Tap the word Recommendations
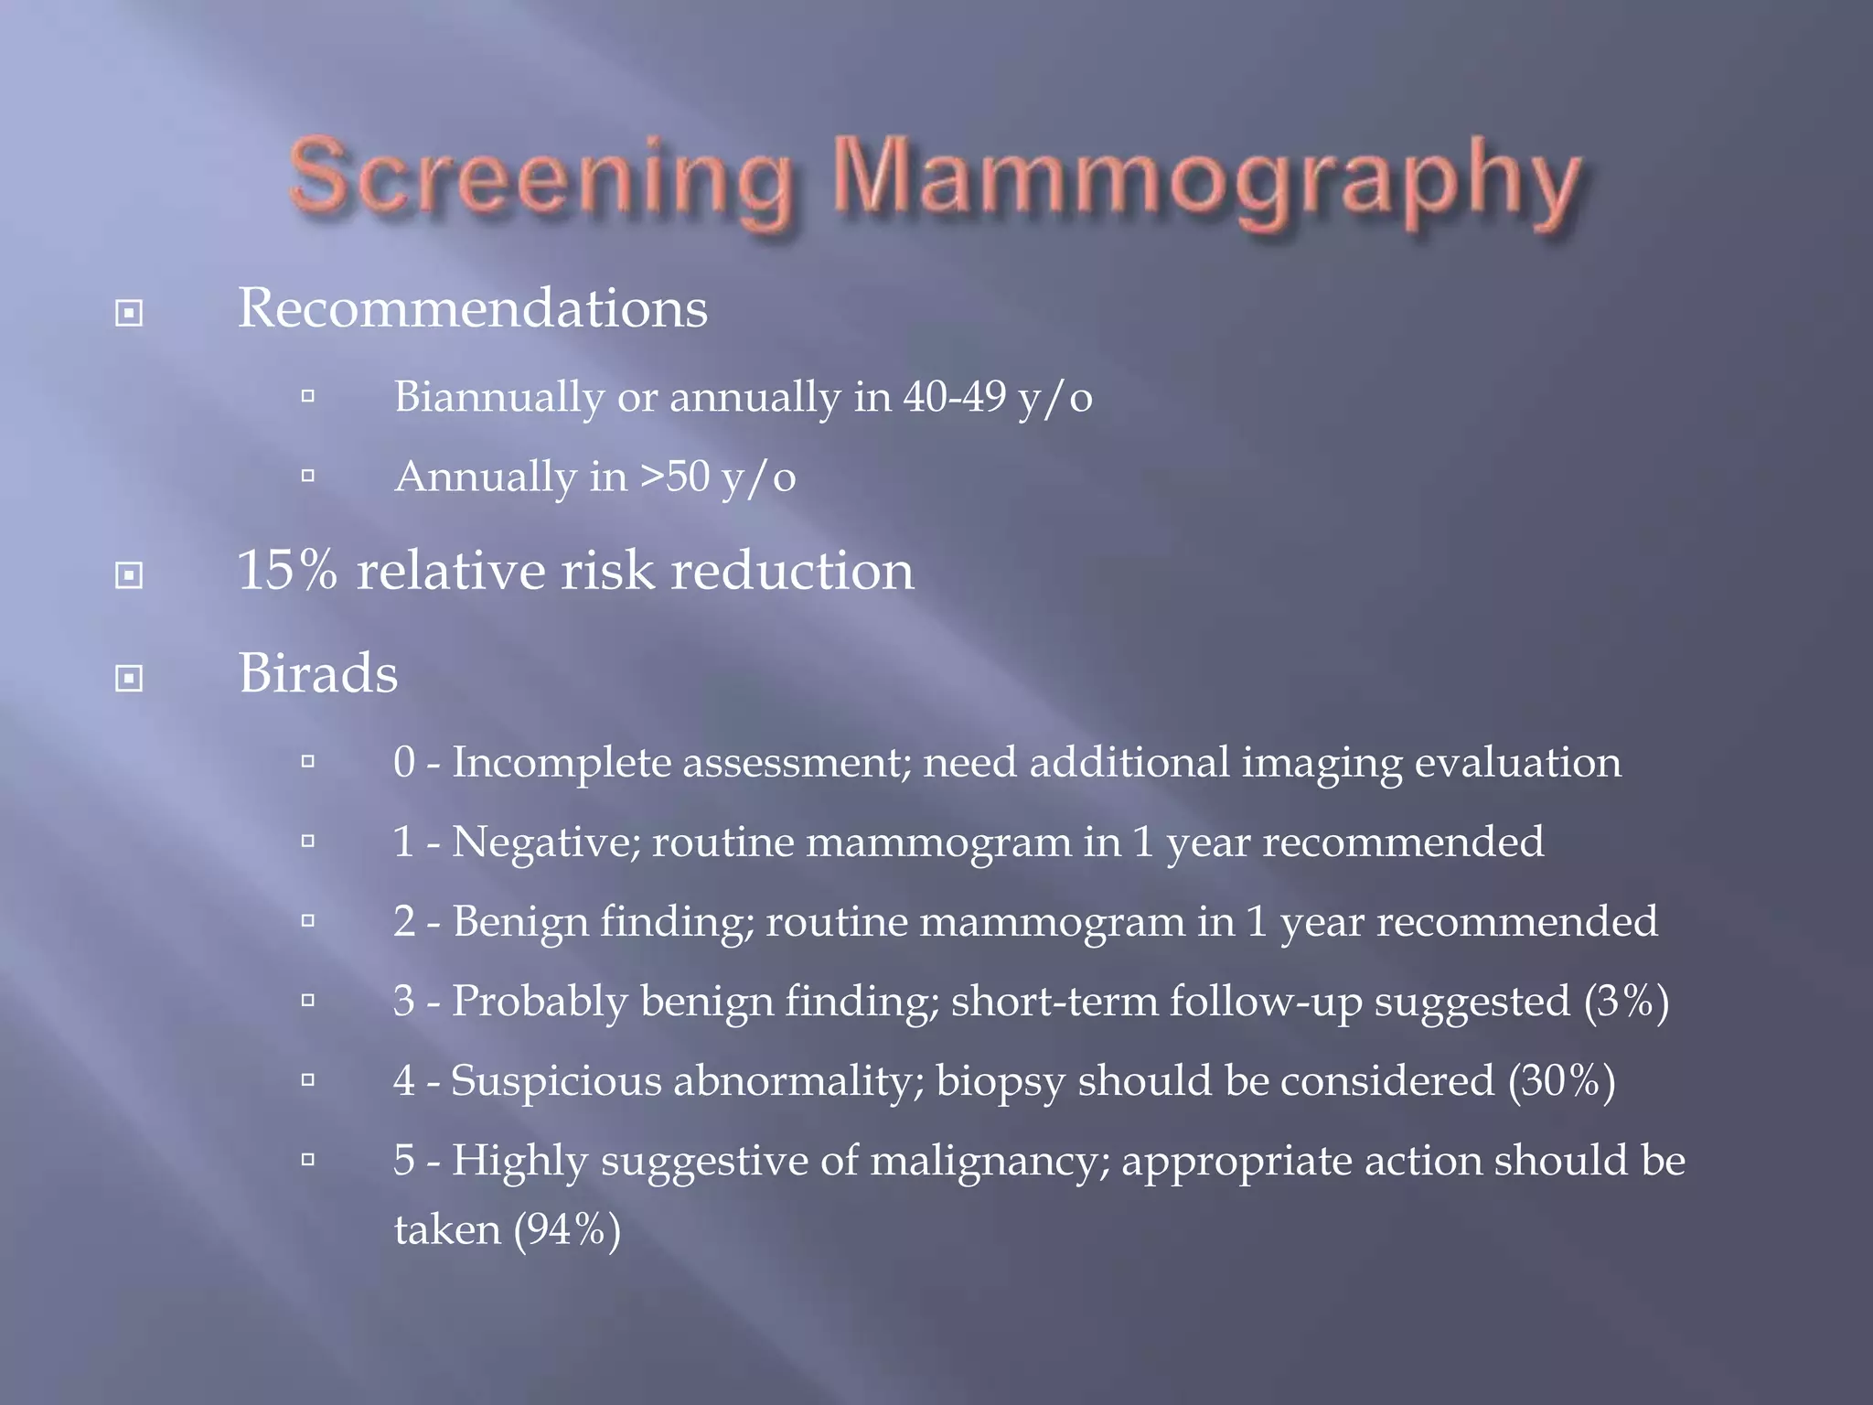[472, 308]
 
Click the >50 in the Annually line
[675, 477]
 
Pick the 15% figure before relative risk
[286, 572]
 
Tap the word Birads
[318, 674]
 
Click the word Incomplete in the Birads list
[562, 763]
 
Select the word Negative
[546, 842]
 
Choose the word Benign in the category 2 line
[520, 922]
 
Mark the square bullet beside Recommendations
[129, 314]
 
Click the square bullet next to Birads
[129, 678]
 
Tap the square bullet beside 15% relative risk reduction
[129, 575]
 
